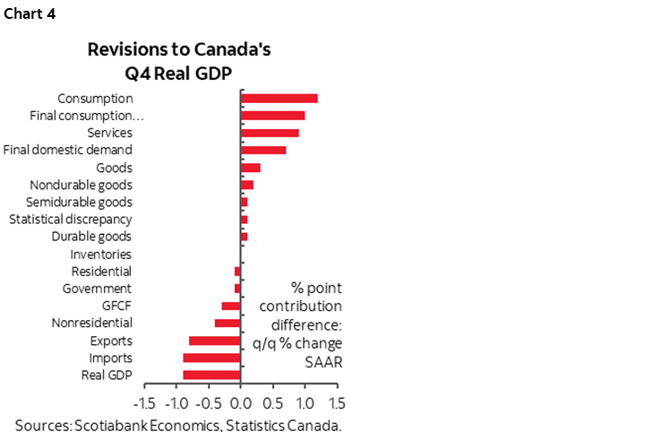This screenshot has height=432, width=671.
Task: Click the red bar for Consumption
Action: [x=279, y=99]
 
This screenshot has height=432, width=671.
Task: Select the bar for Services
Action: [x=270, y=133]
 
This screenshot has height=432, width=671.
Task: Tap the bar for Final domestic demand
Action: [x=263, y=150]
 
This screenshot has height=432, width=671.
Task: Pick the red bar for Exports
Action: [x=215, y=341]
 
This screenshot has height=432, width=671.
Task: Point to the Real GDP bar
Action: [x=211, y=375]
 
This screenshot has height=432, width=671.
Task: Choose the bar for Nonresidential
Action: [x=228, y=323]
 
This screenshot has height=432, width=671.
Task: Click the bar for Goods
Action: [x=250, y=168]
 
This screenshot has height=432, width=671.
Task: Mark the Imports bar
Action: [x=211, y=358]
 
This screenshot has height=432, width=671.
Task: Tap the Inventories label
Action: [x=100, y=254]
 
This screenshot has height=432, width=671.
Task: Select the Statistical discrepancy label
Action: [x=70, y=220]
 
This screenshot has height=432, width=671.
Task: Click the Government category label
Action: [x=97, y=289]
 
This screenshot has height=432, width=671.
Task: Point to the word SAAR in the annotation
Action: [x=311, y=362]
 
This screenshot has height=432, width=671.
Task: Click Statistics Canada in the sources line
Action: [x=274, y=424]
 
